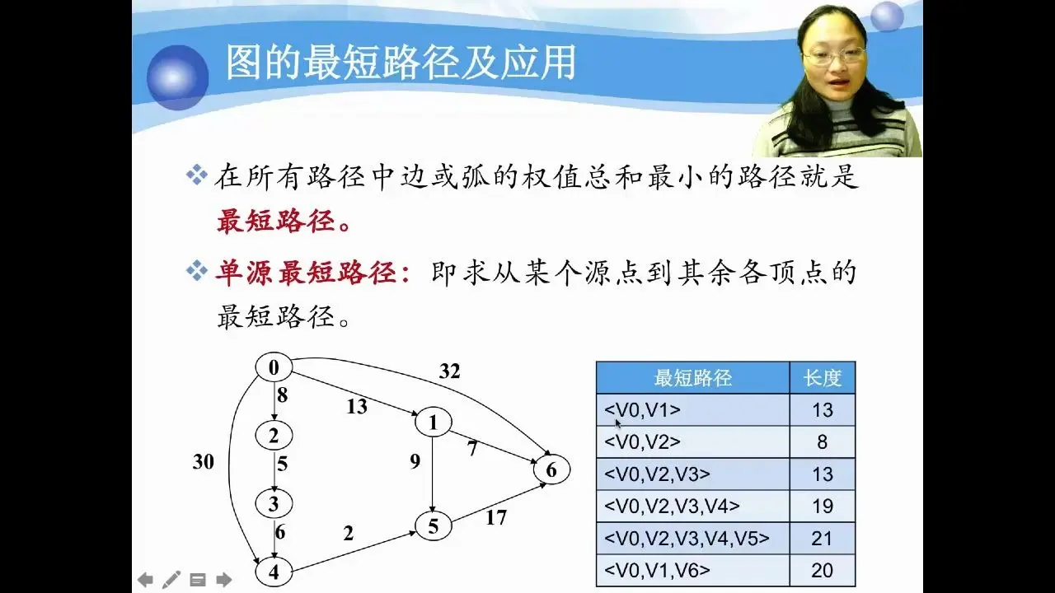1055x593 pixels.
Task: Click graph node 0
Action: [274, 367]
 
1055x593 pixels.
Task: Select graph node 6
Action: [551, 469]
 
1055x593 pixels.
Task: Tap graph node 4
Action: [274, 572]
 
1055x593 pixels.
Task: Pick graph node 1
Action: [434, 423]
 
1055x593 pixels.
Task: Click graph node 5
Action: [434, 526]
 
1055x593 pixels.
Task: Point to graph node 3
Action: [274, 503]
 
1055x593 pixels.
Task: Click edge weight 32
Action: [449, 371]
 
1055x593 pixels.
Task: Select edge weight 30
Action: [203, 462]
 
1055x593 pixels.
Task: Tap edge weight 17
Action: [496, 518]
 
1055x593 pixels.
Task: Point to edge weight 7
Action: [472, 449]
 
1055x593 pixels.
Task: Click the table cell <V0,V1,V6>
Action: [693, 571]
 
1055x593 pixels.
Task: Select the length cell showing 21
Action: [823, 539]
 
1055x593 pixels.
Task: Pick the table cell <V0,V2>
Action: [693, 442]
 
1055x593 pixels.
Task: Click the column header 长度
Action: [823, 377]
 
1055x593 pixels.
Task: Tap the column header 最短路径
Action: [693, 377]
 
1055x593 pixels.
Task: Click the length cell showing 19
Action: [823, 507]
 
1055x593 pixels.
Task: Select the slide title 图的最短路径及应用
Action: [401, 62]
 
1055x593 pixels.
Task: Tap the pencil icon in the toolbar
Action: [171, 580]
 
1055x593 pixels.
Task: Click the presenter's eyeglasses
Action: [834, 55]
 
